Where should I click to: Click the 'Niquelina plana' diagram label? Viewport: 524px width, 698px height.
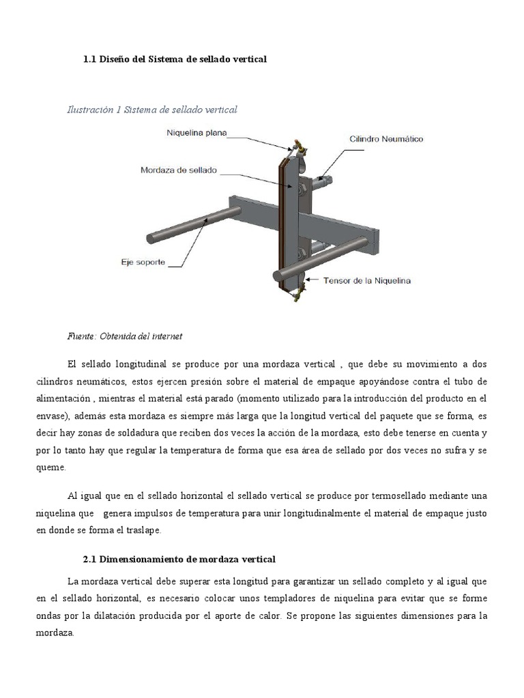197,133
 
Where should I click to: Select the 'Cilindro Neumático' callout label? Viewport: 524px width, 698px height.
386,139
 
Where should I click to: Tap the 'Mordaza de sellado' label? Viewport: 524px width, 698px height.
178,170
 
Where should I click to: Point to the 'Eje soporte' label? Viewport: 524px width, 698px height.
143,262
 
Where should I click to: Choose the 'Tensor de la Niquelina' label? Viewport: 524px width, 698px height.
367,280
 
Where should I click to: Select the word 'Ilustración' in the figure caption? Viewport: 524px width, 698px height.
90,109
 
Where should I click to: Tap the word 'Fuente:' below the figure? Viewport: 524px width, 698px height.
82,336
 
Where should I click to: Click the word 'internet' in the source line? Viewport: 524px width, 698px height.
166,336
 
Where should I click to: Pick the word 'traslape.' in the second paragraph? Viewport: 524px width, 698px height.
139,529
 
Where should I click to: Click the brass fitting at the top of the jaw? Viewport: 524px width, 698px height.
299,145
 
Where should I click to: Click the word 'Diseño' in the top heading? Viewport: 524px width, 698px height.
115,59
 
